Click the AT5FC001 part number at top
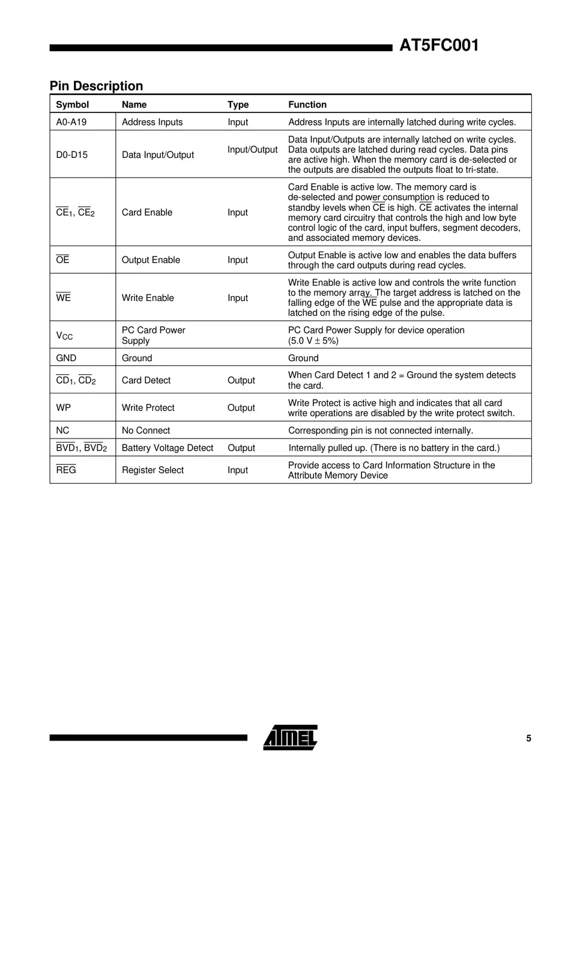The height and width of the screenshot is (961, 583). [439, 46]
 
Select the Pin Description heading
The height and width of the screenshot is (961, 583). [96, 86]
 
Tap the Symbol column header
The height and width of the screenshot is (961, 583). [72, 105]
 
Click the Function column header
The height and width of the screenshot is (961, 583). [307, 105]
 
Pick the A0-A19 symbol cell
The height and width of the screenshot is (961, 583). [71, 122]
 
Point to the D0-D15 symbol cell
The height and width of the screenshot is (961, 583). [71, 155]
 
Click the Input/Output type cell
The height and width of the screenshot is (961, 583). [252, 150]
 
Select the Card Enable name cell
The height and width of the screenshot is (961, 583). [147, 213]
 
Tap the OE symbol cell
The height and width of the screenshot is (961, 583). [62, 260]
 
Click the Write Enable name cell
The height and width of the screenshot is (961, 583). [148, 298]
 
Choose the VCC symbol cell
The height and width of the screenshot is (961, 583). [64, 336]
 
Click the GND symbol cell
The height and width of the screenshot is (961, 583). [66, 358]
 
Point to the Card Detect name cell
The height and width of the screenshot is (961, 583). [146, 381]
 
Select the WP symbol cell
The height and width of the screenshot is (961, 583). [63, 408]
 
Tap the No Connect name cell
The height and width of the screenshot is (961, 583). [145, 431]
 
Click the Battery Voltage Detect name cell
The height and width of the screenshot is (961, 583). [167, 448]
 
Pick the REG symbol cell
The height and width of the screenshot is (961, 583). [66, 470]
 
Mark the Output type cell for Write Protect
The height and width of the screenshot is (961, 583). [241, 408]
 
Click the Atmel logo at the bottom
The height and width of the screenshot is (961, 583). [290, 738]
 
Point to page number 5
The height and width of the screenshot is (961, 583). [528, 739]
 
